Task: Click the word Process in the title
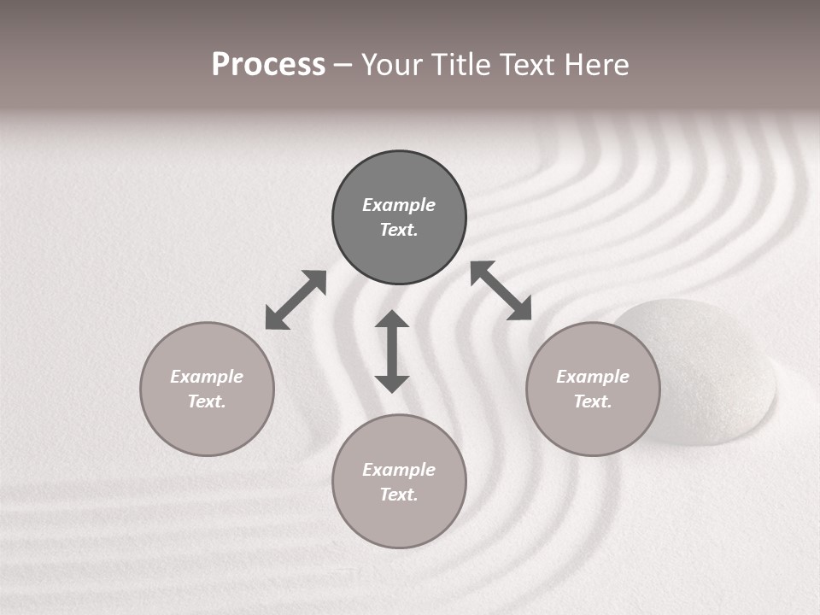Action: click(x=268, y=65)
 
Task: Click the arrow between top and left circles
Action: click(x=296, y=300)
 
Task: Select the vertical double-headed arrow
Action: click(x=392, y=351)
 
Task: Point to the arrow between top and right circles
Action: click(x=501, y=290)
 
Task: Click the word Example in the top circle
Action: click(x=399, y=205)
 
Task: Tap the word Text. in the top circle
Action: click(x=399, y=230)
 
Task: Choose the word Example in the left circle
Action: click(x=207, y=377)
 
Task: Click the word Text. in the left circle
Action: click(x=207, y=401)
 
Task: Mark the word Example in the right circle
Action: click(x=593, y=377)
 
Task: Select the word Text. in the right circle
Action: click(x=593, y=401)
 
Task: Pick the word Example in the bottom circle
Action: click(x=399, y=470)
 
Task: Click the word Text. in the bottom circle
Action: click(x=399, y=495)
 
